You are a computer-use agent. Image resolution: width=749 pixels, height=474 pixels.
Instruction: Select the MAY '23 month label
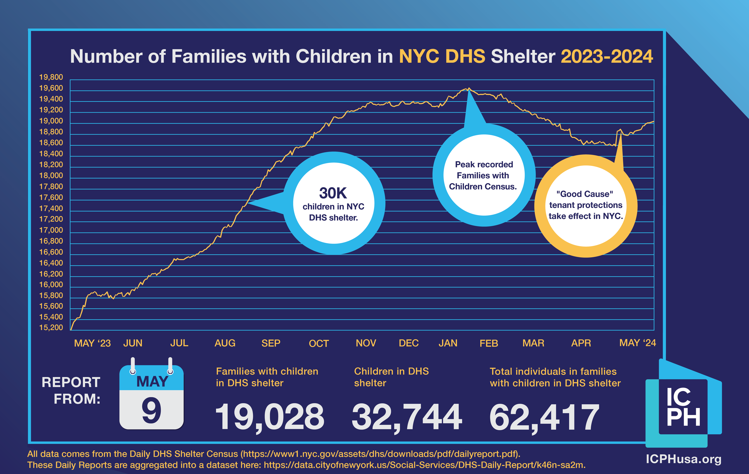92,343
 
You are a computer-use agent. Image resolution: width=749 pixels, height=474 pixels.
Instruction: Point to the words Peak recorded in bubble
484,164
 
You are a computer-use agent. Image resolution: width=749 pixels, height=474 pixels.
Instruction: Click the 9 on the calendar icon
152,410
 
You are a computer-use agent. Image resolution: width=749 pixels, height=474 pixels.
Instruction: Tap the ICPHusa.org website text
683,459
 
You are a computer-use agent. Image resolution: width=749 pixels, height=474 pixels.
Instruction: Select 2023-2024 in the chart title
606,57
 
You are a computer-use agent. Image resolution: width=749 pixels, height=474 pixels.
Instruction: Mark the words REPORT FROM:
71,390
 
